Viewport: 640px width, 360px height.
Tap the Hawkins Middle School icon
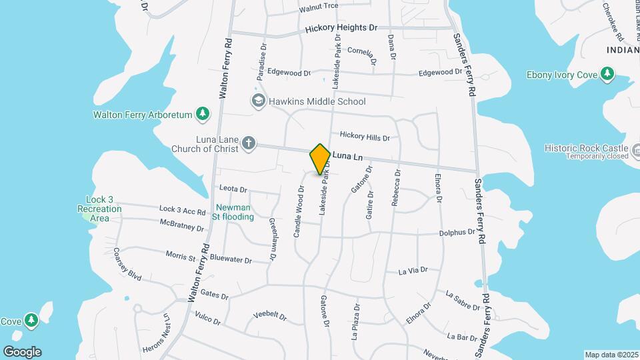click(x=258, y=101)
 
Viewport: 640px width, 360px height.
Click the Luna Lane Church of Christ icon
click(x=248, y=143)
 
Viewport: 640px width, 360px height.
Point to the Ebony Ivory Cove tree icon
click(x=607, y=74)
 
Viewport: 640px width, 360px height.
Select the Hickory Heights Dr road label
click(x=341, y=29)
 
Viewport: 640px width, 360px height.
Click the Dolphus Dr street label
click(x=457, y=233)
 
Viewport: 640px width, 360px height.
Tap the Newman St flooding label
click(x=233, y=212)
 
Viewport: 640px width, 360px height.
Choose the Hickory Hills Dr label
click(x=364, y=137)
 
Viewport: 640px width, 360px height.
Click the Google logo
click(x=22, y=351)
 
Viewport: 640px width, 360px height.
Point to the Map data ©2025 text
click(x=611, y=355)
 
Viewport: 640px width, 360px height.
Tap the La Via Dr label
click(x=413, y=271)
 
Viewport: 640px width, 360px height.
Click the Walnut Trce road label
click(x=319, y=6)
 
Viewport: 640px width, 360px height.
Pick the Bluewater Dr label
click(x=230, y=259)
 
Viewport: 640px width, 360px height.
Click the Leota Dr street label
click(x=233, y=189)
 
